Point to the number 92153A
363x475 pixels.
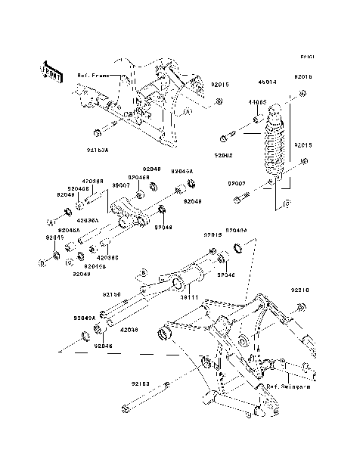(119, 151)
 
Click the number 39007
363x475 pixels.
(120, 185)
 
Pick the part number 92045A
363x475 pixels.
(181, 172)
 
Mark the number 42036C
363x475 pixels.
(106, 257)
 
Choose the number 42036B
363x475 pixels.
(93, 182)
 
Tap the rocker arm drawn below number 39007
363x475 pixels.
(130, 211)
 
